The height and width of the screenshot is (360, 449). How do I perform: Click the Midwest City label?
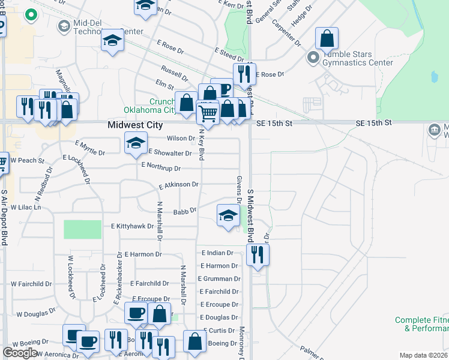pos(134,125)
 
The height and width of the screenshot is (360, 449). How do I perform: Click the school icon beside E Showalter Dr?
pos(136,143)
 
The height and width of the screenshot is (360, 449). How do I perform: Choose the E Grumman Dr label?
pos(220,278)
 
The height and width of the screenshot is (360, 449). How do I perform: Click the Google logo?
pos(20,353)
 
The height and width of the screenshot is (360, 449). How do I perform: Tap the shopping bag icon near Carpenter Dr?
pos(327,38)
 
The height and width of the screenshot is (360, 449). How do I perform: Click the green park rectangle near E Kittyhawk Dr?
pos(83,229)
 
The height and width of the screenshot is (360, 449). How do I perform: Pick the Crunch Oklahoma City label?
pos(150,106)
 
